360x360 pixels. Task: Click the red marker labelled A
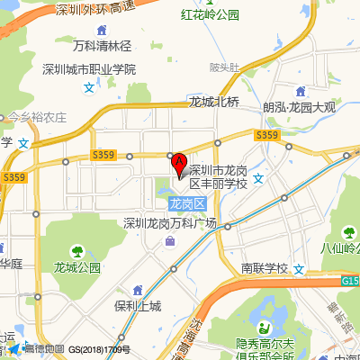tap(179, 164)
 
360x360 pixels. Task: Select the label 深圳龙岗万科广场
tap(171, 223)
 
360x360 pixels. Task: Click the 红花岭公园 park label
tap(210, 15)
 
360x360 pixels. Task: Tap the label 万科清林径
tap(102, 46)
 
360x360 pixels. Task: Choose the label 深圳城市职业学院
tap(89, 69)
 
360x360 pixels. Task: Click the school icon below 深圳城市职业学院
tap(88, 87)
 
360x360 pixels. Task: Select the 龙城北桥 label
tap(214, 102)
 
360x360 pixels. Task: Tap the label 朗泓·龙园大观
tap(299, 107)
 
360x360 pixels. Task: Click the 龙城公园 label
tap(76, 267)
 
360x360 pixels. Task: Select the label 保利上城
tap(137, 306)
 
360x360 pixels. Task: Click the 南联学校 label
tap(265, 268)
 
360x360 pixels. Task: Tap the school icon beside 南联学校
tap(299, 268)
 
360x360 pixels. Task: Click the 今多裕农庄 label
tap(38, 117)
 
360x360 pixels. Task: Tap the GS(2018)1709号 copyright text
tap(99, 350)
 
